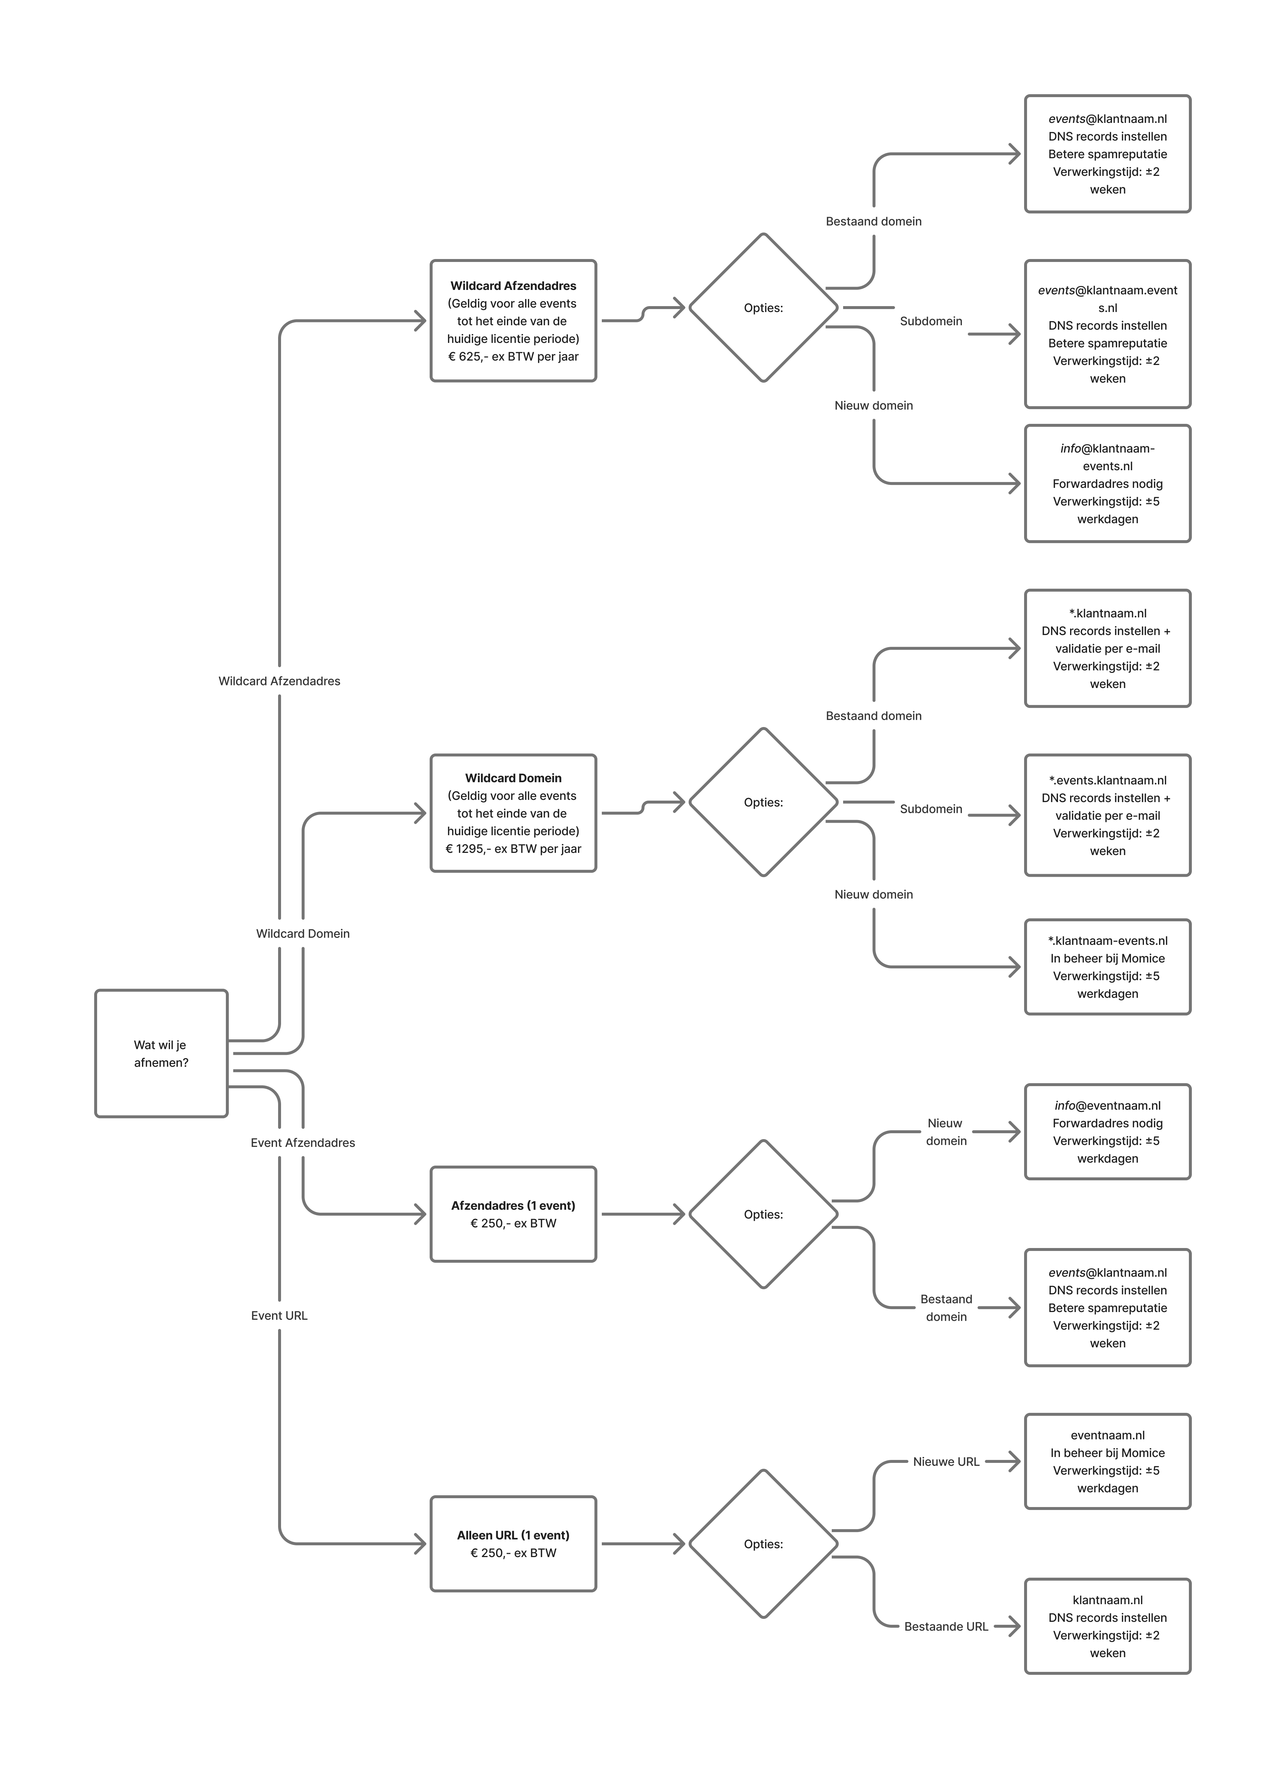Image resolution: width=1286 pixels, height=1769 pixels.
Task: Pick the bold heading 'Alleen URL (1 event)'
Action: click(x=513, y=1535)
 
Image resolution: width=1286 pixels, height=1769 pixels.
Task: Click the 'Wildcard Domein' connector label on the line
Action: click(x=303, y=934)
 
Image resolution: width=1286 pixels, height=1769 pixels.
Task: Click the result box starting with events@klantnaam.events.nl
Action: click(x=1108, y=334)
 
